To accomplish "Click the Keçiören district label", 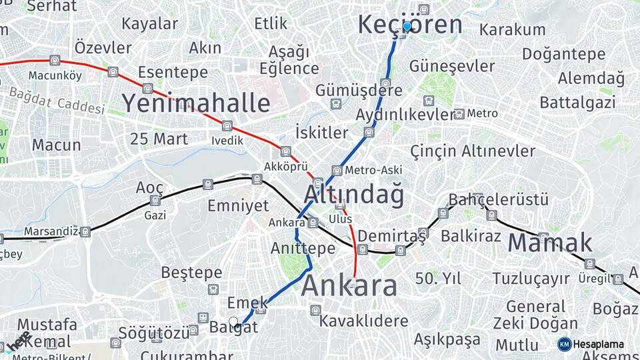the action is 409,24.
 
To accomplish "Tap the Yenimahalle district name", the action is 195,103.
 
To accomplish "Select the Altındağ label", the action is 353,194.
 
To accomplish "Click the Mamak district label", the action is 550,243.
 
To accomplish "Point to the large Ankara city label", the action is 349,286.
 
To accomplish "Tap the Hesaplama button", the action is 591,344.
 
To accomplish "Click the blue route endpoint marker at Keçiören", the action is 407,26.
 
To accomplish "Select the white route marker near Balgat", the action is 233,321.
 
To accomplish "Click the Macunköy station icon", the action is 55,61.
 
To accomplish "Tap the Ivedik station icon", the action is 227,125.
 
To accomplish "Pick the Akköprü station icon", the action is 286,151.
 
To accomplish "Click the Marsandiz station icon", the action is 85,231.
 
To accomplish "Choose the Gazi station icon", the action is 155,201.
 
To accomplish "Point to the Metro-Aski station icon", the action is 337,170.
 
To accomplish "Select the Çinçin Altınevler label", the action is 473,151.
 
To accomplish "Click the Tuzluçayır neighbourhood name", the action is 531,278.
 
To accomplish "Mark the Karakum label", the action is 512,29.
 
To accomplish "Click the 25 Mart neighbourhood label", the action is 159,139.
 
